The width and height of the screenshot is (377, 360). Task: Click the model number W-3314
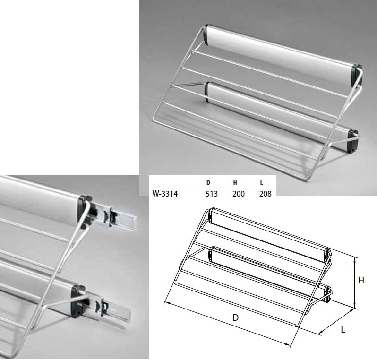[x=165, y=194]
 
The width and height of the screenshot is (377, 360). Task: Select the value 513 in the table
[x=212, y=194]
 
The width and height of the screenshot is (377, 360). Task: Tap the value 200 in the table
[x=239, y=194]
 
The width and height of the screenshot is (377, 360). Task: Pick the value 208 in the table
[x=265, y=194]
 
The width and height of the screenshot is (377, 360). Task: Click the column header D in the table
[x=208, y=183]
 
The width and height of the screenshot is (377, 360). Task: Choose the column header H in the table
[x=235, y=183]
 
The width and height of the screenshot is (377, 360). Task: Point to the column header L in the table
[x=261, y=183]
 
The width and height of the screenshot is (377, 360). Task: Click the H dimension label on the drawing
[x=361, y=280]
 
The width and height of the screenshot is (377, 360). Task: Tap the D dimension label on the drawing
[x=235, y=317]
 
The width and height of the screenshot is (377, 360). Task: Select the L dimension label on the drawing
[x=343, y=329]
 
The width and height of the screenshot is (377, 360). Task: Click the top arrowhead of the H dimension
[x=355, y=258]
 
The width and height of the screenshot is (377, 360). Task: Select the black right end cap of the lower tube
[x=353, y=141]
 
